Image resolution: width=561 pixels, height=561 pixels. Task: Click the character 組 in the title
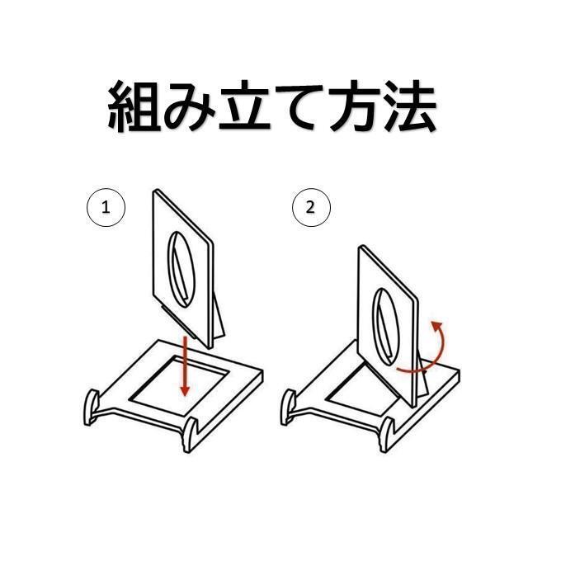click(134, 106)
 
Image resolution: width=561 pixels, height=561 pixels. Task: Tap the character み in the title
click(189, 106)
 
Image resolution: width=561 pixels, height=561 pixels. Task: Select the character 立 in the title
click(245, 106)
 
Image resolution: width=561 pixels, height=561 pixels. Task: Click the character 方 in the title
click(354, 106)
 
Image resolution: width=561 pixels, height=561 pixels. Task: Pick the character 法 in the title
click(410, 106)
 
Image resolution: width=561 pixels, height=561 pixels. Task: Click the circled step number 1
click(106, 208)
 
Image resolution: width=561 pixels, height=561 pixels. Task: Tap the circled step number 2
click(311, 208)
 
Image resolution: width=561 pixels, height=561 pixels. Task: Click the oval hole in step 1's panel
click(181, 269)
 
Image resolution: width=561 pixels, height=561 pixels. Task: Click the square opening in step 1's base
click(180, 386)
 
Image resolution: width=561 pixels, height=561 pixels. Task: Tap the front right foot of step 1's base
click(190, 435)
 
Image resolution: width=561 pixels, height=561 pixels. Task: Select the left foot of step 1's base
click(92, 408)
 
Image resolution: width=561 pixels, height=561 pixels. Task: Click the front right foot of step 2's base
click(387, 435)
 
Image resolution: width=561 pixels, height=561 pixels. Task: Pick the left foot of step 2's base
click(289, 408)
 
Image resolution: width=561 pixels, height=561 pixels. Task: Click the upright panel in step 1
click(182, 268)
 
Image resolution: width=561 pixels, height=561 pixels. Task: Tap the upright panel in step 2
click(389, 326)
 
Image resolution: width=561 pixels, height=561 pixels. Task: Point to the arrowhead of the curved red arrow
click(437, 325)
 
